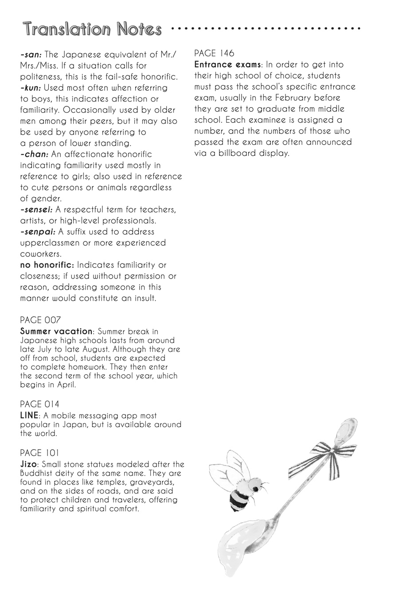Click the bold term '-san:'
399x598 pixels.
click(31, 55)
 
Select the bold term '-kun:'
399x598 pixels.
click(31, 88)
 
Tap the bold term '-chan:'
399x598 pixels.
click(35, 155)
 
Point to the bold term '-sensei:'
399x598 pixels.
click(37, 210)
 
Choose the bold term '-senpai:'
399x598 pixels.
click(38, 232)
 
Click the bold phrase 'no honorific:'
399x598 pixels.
click(47, 265)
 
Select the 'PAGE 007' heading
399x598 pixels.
click(40, 320)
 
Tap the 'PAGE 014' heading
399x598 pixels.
click(40, 404)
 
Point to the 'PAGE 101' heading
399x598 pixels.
click(40, 453)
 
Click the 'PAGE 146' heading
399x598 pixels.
click(214, 54)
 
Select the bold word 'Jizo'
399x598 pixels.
click(29, 465)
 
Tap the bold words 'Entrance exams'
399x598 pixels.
click(228, 65)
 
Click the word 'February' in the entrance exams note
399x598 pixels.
click(286, 98)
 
